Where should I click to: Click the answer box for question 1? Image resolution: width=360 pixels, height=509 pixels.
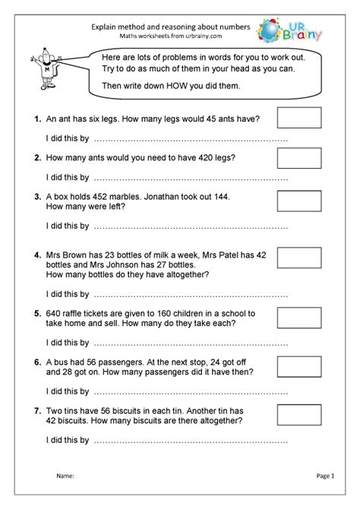[299, 118]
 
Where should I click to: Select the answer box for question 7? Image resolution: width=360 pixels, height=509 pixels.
[299, 414]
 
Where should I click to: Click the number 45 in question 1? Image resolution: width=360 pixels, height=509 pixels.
[199, 119]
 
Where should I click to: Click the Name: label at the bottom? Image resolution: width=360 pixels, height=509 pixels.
[65, 476]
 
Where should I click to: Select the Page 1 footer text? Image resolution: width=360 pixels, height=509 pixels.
[325, 476]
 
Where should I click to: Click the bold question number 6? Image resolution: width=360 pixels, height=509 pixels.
[37, 362]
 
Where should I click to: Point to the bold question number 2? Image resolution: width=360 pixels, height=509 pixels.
[37, 158]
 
